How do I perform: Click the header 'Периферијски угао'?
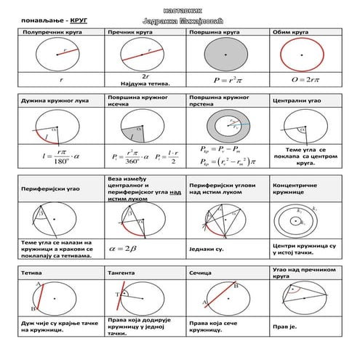[53, 188]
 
